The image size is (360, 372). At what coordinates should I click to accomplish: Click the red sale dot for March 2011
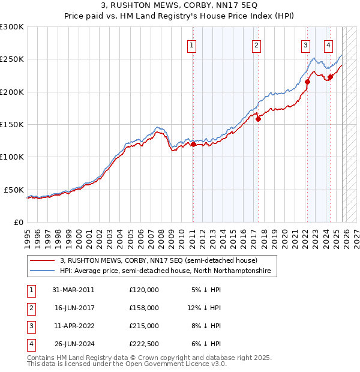[193, 144]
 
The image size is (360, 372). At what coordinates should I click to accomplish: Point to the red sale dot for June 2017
[258, 119]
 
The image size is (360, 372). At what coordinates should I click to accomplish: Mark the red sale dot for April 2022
[307, 82]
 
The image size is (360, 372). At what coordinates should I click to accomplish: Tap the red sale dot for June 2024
[330, 77]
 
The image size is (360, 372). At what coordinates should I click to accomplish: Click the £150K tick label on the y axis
[12, 124]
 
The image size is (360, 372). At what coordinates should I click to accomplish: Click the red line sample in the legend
[43, 260]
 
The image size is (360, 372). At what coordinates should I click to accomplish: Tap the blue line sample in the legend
[43, 271]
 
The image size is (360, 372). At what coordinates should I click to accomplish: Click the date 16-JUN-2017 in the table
[74, 307]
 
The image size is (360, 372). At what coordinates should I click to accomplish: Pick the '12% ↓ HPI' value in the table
[204, 307]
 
